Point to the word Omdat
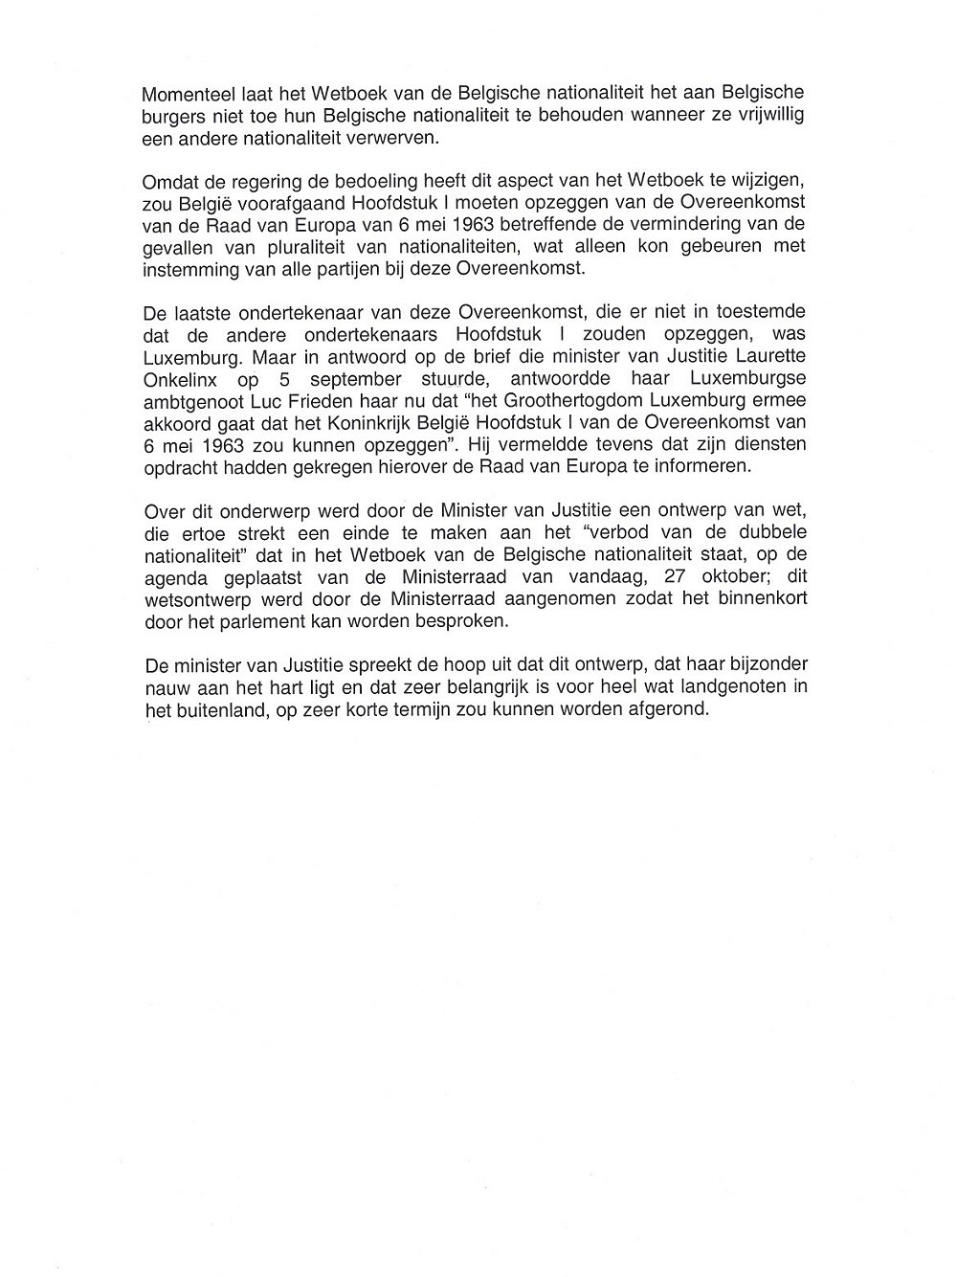(x=165, y=183)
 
